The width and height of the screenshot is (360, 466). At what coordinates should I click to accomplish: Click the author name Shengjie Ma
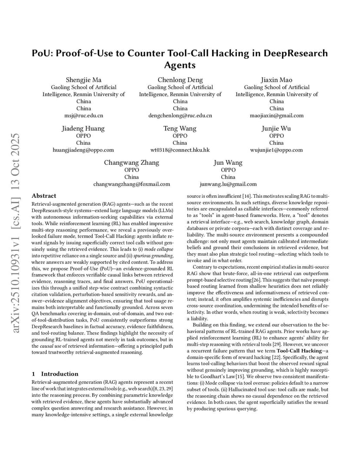(83, 80)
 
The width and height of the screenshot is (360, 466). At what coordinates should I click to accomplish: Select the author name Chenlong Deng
(180, 80)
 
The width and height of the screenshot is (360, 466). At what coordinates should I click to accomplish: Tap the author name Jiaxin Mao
(277, 80)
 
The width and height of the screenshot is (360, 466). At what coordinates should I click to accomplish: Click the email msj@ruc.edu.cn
(83, 116)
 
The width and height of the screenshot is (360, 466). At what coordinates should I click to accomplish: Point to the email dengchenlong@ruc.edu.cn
(180, 116)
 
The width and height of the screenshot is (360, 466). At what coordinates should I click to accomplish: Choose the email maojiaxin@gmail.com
(277, 116)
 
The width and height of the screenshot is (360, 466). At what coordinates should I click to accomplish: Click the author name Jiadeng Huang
(83, 128)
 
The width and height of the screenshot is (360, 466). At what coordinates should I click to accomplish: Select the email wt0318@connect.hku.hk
(180, 150)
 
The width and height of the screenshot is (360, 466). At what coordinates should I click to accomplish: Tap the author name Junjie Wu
(277, 128)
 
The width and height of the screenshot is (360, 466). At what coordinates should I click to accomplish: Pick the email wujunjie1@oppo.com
(277, 150)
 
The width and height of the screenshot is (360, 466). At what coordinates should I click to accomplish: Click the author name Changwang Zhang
(131, 163)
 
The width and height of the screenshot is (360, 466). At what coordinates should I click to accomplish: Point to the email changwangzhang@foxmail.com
(131, 184)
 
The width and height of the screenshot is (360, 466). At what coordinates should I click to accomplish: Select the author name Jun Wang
(228, 163)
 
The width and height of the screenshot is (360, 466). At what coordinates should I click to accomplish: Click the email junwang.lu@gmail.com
(228, 184)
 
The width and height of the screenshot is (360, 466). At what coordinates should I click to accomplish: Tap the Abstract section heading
(44, 196)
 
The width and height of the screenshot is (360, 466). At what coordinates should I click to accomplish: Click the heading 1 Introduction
(55, 374)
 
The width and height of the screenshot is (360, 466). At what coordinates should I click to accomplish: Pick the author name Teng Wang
(180, 128)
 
